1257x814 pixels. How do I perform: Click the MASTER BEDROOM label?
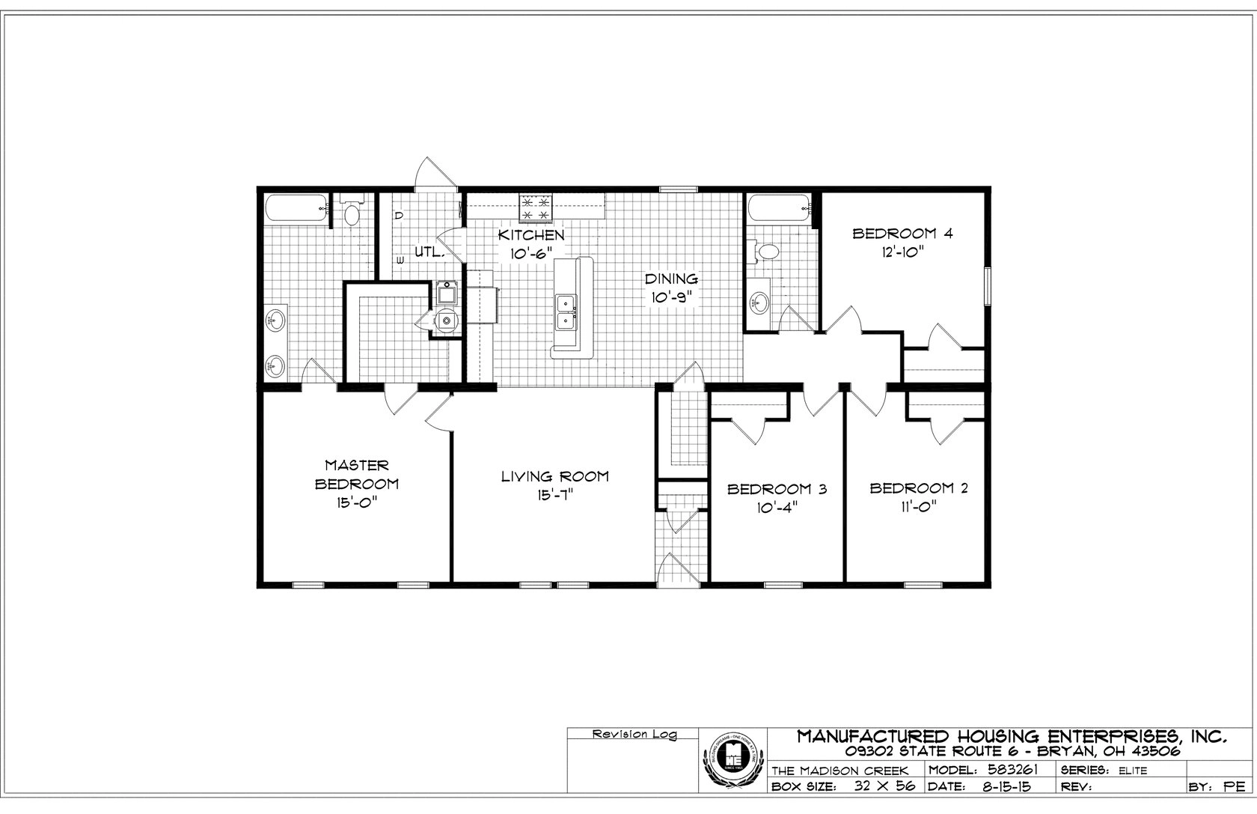[356, 475]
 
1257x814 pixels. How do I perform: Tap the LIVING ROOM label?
[554, 476]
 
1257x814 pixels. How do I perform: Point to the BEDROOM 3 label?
[777, 490]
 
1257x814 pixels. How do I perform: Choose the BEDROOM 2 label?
[918, 489]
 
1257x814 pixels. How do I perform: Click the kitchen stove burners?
[536, 208]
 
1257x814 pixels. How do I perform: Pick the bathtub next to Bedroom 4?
[778, 207]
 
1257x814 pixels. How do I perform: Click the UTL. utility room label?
[429, 252]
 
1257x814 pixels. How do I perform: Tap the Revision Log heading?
[634, 735]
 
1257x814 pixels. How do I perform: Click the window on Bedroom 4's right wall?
[987, 287]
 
